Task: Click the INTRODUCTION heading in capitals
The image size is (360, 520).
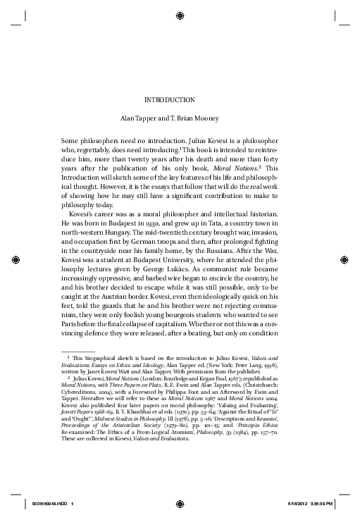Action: click(x=180, y=99)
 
